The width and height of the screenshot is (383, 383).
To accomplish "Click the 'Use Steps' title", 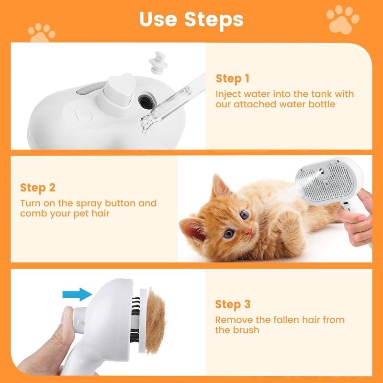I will click(x=191, y=19).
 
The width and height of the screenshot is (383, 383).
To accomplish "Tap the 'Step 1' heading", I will click(x=232, y=79).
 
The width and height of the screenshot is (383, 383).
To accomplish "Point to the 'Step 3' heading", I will click(x=232, y=304).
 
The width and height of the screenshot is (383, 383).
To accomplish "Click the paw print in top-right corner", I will click(x=342, y=19).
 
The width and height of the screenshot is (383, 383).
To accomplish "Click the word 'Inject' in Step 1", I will click(x=229, y=94).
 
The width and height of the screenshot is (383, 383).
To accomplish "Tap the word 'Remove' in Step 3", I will click(x=234, y=319).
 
